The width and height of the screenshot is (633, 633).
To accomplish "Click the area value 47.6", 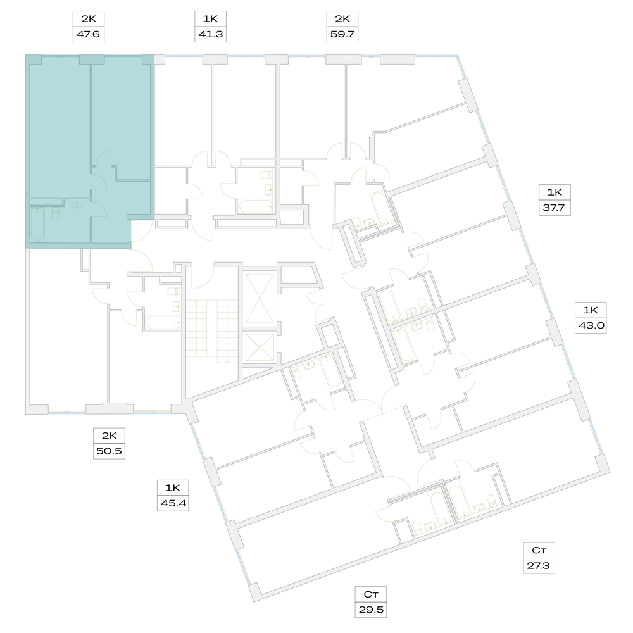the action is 89,34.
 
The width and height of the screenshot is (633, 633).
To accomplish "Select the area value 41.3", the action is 210,34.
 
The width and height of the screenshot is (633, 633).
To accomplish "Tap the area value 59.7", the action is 342,34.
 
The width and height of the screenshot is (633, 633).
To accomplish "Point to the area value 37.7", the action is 555,208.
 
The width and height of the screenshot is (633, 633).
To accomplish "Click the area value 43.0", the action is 591,325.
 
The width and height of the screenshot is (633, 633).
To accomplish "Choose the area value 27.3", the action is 539,565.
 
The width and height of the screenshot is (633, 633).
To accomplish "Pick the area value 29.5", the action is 371,610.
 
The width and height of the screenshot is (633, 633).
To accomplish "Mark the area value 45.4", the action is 173,503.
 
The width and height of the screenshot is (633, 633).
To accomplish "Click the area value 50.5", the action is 109,451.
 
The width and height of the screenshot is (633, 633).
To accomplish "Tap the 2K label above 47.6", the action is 89,19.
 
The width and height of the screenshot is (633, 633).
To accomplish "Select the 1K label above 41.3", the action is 210,19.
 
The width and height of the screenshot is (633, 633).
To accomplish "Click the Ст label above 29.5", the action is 371,594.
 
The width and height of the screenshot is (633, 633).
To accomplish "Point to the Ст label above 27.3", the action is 539,550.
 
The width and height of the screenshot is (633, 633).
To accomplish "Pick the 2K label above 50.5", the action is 109,436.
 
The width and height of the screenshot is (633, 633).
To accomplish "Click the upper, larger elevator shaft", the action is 260,298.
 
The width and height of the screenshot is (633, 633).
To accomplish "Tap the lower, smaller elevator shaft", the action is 260,347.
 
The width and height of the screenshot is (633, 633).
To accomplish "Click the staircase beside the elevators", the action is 212,331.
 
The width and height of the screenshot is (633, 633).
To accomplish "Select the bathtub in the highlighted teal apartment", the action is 37,225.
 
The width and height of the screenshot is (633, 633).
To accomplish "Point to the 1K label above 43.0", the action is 591,310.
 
